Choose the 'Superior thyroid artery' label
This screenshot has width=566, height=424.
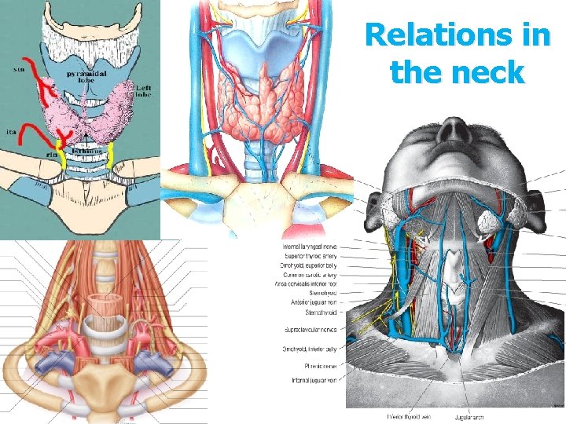(x=313, y=257)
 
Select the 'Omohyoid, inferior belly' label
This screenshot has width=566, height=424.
(x=313, y=349)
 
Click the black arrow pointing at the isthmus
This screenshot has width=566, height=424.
(x=82, y=134)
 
